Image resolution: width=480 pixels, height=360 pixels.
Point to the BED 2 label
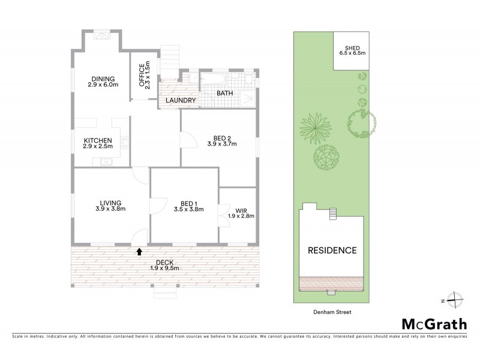pos(222,139)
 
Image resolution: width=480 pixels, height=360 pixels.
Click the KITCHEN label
pos(99,142)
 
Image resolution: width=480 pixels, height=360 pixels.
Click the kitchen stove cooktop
pos(125,143)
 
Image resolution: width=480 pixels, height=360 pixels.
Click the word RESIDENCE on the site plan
pos(332,250)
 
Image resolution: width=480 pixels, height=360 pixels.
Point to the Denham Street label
pos(332,312)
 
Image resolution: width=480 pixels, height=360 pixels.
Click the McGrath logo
pos(433,324)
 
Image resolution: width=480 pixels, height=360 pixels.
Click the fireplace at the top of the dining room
pos(103,35)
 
